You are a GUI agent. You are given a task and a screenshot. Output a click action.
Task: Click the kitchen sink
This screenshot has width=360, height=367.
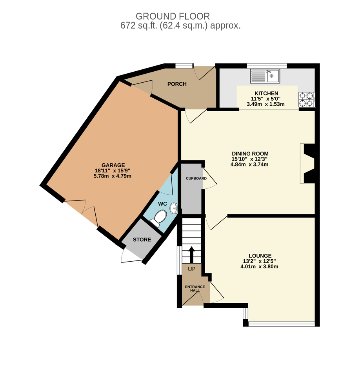tap(265, 76)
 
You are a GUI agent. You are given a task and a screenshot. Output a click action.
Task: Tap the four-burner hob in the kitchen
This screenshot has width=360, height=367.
tap(307, 99)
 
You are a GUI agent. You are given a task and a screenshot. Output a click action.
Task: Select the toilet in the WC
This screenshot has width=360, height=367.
tap(159, 218)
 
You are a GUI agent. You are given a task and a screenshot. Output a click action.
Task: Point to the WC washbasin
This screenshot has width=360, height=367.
tap(174, 208)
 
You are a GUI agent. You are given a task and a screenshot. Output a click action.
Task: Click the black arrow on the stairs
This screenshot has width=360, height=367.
tap(191, 255)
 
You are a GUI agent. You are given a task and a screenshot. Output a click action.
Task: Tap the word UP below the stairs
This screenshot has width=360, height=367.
tap(191, 269)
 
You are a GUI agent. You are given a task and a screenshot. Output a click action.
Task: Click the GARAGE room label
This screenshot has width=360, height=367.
tap(113, 165)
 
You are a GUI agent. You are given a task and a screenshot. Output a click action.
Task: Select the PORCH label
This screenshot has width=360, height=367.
tap(177, 84)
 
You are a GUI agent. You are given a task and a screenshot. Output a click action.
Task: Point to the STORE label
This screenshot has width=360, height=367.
tap(142, 240)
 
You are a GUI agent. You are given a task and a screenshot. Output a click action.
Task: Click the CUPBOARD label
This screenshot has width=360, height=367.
tap(196, 178)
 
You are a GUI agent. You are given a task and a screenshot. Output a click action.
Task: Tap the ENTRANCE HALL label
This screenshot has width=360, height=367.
tap(195, 289)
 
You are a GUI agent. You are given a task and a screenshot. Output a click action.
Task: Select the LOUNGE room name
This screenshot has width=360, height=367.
tap(260, 256)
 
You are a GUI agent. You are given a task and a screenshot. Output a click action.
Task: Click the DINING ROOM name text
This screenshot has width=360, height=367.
tap(250, 154)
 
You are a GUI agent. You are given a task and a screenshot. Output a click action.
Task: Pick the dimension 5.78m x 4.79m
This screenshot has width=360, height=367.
tap(113, 176)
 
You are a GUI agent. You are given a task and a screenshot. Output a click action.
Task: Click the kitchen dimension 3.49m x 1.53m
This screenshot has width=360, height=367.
tap(265, 104)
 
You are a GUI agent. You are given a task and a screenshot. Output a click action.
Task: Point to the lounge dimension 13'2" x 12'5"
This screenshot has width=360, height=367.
tap(260, 261)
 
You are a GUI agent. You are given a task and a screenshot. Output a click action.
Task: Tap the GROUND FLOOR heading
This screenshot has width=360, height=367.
tap(173, 16)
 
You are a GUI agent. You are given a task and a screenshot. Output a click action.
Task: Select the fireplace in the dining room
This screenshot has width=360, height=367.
tap(307, 163)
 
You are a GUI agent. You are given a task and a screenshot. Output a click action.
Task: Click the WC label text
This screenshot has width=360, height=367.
tap(162, 204)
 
